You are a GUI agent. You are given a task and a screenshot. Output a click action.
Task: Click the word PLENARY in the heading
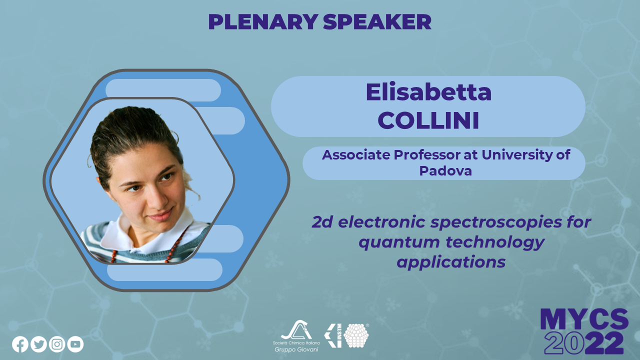point(263,21)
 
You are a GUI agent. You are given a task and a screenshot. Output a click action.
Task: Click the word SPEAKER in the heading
point(377,21)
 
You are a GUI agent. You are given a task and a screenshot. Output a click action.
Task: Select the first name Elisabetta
point(428,92)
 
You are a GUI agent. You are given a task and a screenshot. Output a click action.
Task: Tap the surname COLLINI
point(428,120)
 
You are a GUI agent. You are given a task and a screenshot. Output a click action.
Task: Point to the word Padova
point(445,171)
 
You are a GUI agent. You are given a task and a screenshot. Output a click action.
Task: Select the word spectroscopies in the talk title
point(496,223)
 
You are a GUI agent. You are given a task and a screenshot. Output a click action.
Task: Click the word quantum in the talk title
point(399,242)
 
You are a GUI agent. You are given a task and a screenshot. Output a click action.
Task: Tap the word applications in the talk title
point(451,262)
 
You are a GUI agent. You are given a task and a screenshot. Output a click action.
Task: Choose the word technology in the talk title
point(495,242)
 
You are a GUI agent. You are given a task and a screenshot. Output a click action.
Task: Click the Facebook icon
point(20,344)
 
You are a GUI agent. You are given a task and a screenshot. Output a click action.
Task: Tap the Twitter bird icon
point(38,344)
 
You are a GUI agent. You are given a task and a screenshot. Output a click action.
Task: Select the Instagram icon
point(57,344)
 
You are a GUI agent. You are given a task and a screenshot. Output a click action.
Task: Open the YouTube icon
point(75,344)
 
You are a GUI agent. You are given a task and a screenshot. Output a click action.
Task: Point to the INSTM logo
point(346,335)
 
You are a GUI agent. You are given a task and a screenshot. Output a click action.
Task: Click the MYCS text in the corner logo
point(584,319)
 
